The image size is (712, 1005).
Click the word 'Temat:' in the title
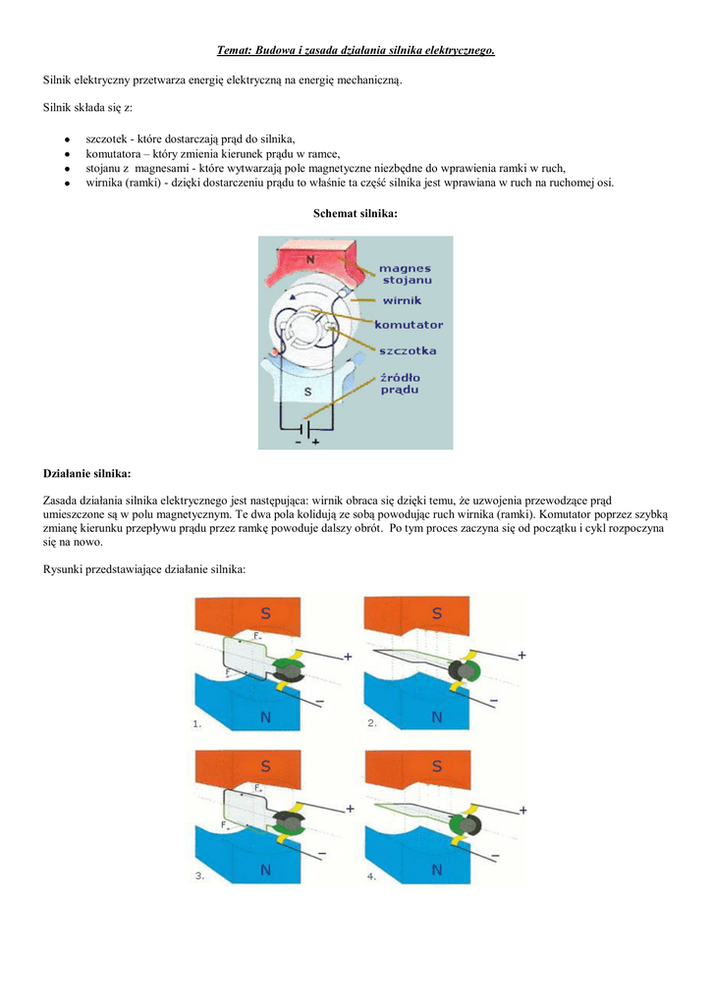[235, 50]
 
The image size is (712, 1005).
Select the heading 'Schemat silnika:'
[356, 213]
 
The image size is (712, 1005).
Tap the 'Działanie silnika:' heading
[87, 473]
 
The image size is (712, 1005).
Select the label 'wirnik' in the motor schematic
[402, 301]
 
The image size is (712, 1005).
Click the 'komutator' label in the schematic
[409, 324]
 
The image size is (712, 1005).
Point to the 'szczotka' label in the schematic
[408, 349]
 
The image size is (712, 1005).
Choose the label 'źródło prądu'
[400, 383]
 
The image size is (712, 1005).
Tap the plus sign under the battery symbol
[316, 443]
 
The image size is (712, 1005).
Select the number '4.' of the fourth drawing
[370, 875]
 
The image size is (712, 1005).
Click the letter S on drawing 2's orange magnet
[437, 613]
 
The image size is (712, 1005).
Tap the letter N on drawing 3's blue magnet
[265, 870]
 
